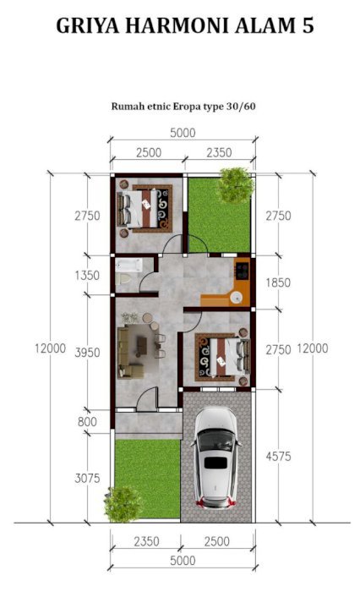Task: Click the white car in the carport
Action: point(215,458)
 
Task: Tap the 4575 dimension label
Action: point(279,457)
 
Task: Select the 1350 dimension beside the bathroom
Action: point(87,275)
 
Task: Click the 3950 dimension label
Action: point(87,353)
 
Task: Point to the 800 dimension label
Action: point(87,421)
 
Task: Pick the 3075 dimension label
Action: point(87,478)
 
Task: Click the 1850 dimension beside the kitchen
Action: point(278,282)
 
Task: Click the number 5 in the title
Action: point(308,26)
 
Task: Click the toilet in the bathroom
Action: point(123,279)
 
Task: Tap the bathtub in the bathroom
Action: point(128,265)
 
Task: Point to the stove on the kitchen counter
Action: point(242,271)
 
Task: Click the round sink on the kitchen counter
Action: point(237,297)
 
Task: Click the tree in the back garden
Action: point(237,185)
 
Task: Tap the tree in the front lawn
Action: point(123,504)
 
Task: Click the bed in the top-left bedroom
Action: point(138,208)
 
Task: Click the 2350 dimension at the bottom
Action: point(146,541)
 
